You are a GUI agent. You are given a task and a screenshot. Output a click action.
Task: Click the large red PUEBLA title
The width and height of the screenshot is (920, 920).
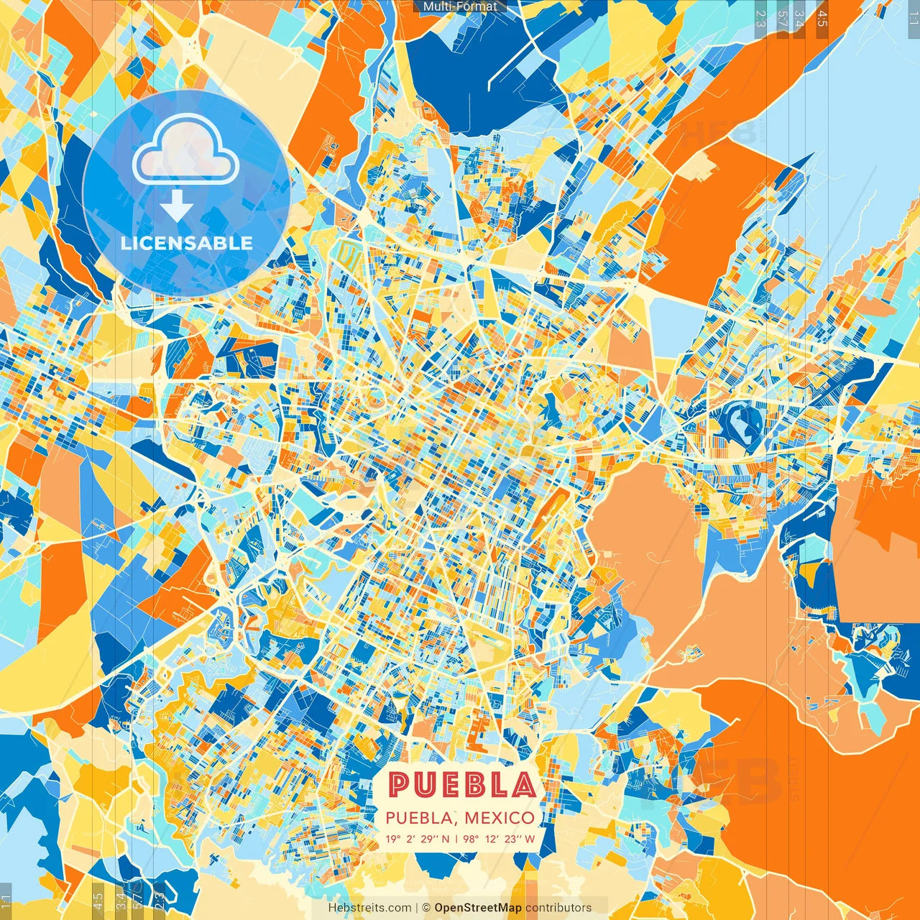462,785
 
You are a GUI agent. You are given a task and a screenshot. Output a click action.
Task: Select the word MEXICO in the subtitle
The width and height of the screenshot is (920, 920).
499,818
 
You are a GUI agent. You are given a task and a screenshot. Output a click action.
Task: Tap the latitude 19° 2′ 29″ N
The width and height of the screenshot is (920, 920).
418,839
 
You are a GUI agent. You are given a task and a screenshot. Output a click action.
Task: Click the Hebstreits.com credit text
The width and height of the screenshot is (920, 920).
369,908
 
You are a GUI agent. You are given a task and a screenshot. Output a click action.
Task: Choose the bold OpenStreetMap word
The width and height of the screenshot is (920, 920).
478,908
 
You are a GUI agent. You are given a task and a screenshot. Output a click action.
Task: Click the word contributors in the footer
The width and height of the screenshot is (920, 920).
558,908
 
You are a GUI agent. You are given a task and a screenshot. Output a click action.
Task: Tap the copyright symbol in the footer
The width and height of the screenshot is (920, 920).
425,908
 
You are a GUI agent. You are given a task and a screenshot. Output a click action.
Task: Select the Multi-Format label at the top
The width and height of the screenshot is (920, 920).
460,6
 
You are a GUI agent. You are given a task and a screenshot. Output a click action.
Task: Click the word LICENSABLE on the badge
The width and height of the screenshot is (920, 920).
187,243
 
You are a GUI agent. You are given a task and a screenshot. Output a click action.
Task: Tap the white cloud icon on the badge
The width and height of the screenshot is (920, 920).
186,149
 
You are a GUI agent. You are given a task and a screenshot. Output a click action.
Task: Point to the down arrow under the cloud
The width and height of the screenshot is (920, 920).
176,208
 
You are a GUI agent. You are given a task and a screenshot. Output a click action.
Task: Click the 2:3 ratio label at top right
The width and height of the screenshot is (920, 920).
760,18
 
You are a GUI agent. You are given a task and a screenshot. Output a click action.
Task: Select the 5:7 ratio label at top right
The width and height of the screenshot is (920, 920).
781,18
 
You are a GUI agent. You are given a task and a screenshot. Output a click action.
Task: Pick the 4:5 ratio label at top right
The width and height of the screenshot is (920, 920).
822,18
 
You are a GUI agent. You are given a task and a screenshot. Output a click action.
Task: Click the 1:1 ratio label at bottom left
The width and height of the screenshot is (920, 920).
6,901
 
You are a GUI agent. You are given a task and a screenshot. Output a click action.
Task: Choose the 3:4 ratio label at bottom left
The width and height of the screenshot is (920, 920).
120,901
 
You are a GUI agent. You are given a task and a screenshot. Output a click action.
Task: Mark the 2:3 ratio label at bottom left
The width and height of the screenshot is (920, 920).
160,901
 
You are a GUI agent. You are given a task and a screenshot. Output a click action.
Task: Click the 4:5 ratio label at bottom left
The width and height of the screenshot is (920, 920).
98,901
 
